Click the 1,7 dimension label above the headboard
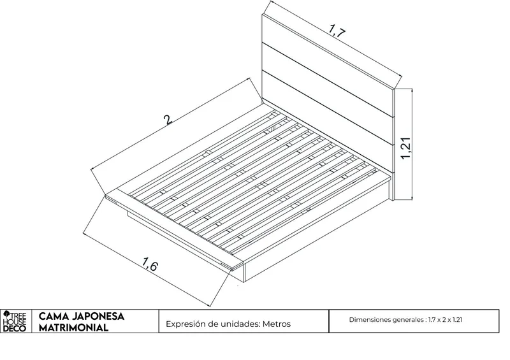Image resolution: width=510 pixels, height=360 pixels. click(x=337, y=31)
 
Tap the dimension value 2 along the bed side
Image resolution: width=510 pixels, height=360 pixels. click(x=168, y=120)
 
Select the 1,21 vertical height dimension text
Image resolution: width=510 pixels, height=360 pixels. click(x=406, y=148)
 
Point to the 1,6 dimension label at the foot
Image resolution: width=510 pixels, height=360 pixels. click(x=150, y=264)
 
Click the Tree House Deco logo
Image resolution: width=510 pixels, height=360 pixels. click(x=15, y=321)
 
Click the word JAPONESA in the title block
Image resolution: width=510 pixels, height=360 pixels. click(x=98, y=317)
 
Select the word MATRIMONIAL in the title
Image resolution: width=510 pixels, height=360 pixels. click(x=73, y=328)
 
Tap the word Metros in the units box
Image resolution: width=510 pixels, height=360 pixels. click(x=277, y=324)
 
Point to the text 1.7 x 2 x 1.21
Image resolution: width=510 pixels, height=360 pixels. click(x=445, y=320)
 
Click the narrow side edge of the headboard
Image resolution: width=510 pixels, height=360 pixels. click(x=393, y=145)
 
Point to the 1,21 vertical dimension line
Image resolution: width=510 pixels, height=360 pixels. click(x=412, y=144)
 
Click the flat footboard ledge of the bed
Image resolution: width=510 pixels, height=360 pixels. click(x=174, y=231)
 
